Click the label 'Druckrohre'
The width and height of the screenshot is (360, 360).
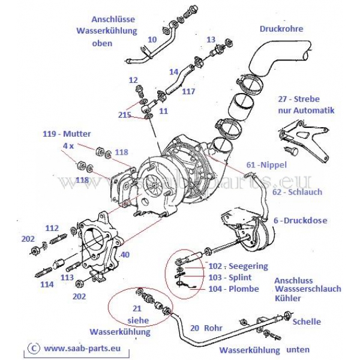click(x=281, y=28)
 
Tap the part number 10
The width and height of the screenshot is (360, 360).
click(x=152, y=40)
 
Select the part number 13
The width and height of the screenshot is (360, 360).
click(x=211, y=39)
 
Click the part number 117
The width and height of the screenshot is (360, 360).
click(x=188, y=92)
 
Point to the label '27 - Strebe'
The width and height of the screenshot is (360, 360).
click(x=298, y=99)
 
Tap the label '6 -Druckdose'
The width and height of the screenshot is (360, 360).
click(x=301, y=220)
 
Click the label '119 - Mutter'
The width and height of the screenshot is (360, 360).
click(x=66, y=134)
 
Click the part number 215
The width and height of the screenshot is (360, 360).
click(x=125, y=114)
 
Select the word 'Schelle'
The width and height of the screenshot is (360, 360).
click(x=307, y=322)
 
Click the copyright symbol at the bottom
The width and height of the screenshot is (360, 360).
click(x=34, y=347)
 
